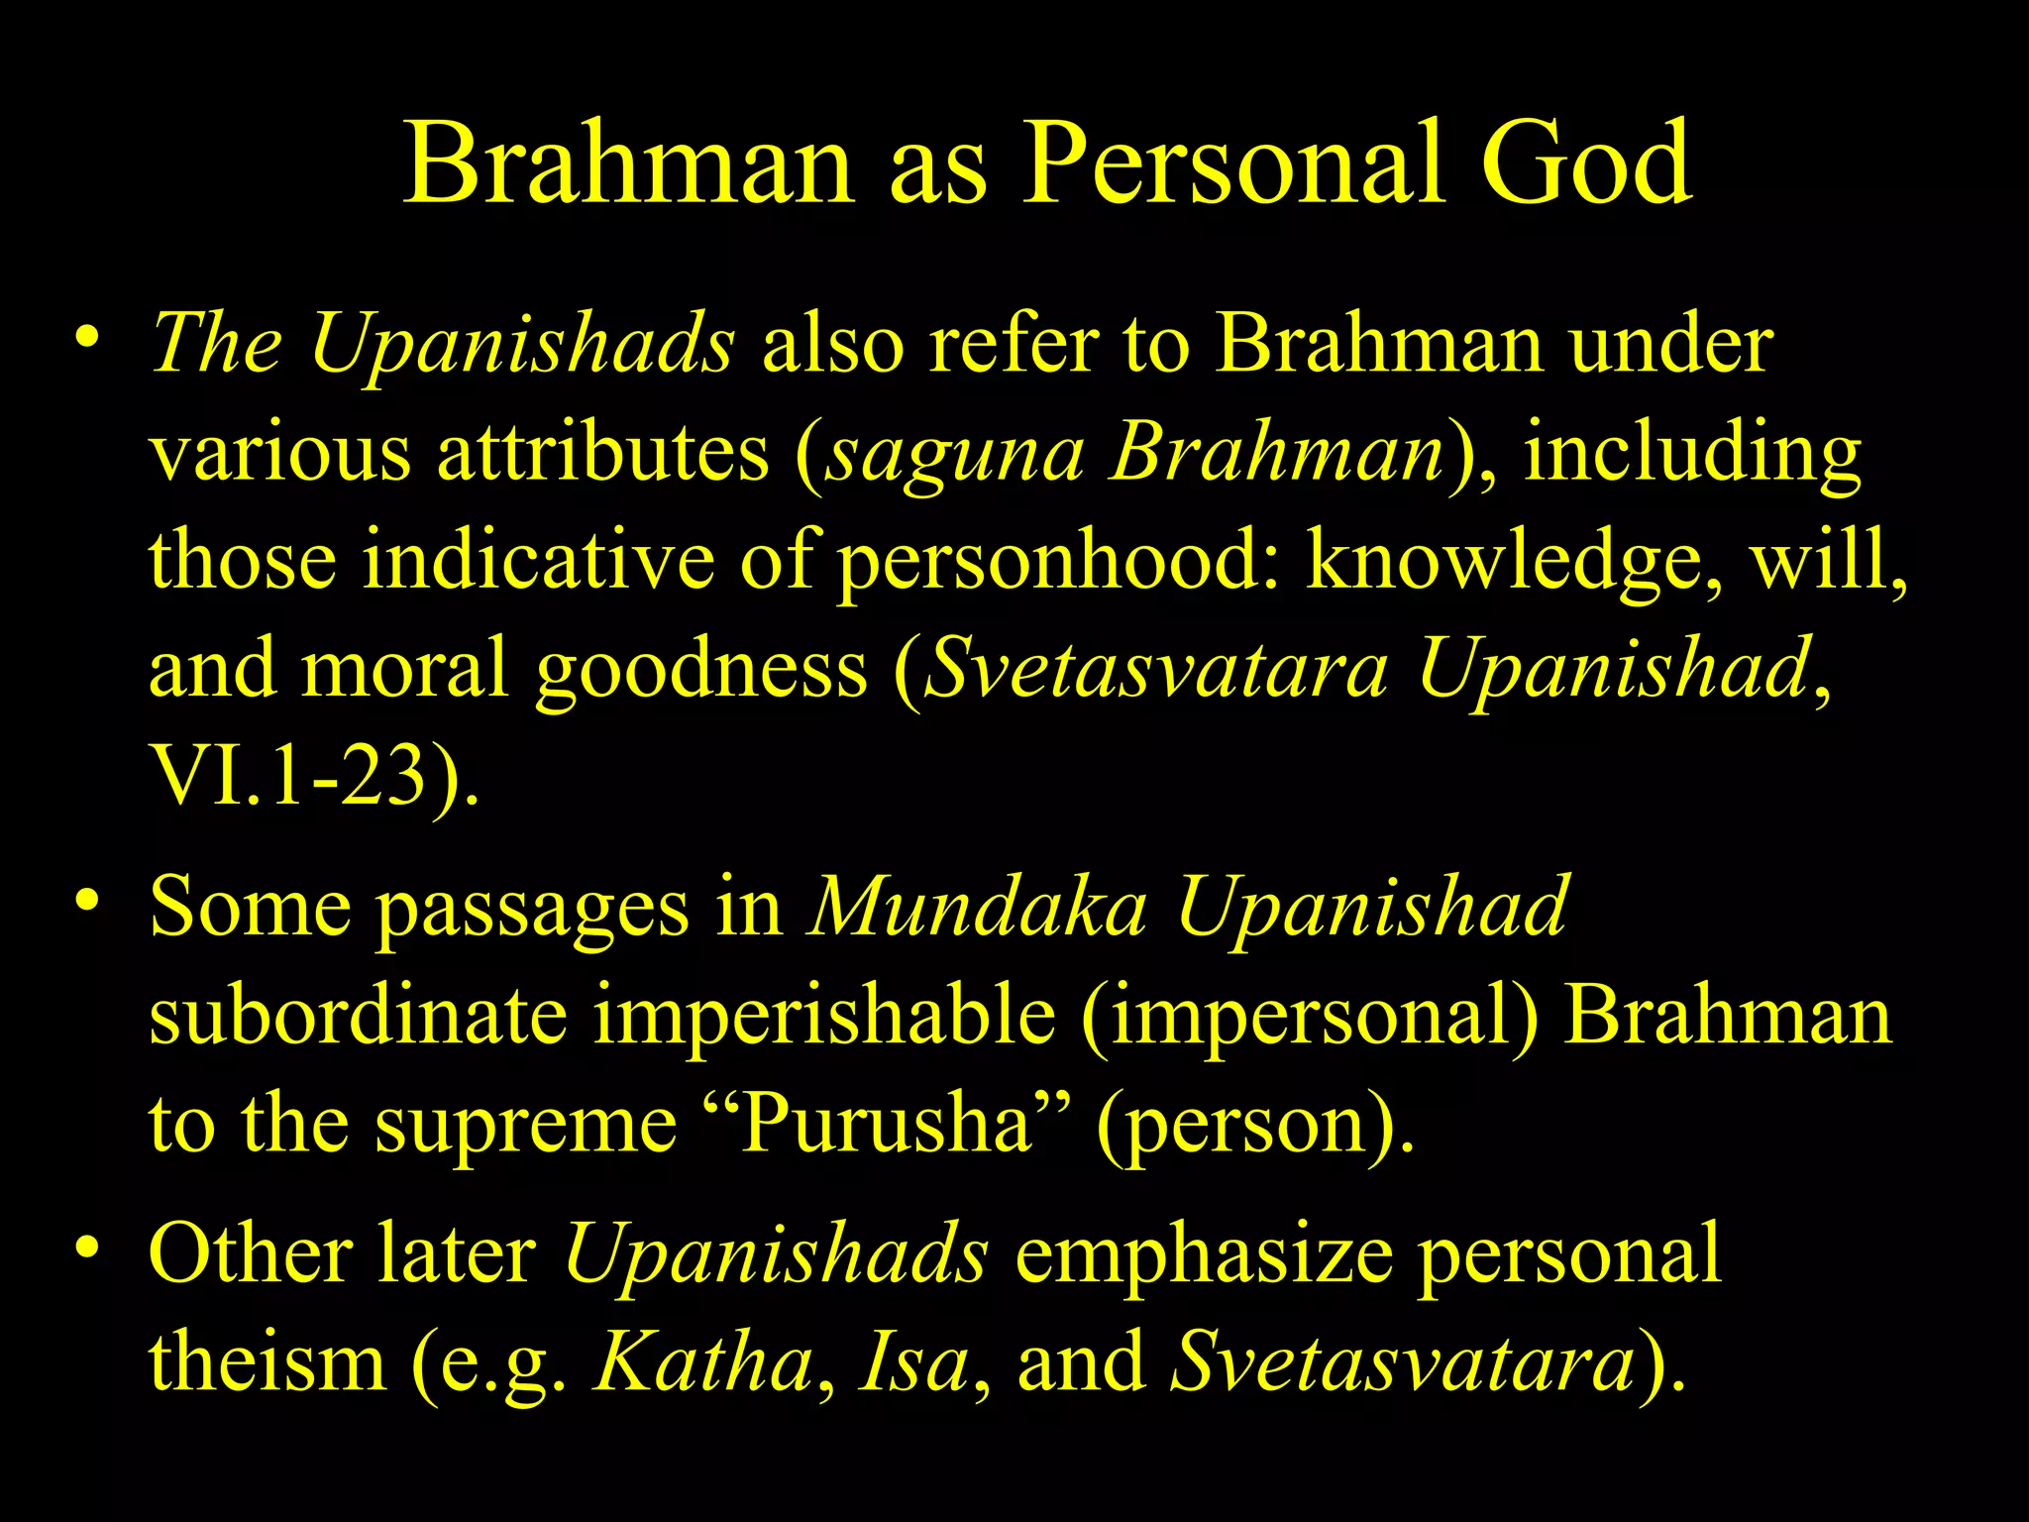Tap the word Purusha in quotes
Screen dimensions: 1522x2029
tap(887, 1126)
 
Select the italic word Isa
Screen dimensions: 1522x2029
tap(912, 1363)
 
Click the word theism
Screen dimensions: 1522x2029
tap(267, 1363)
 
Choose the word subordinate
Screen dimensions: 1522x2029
tap(358, 1017)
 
